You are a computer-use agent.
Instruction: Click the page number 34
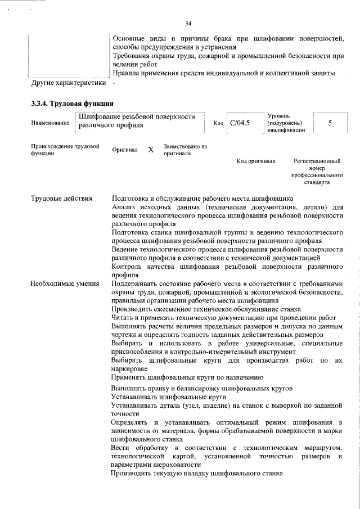tap(188, 23)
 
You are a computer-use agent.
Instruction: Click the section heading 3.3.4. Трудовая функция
tap(72, 103)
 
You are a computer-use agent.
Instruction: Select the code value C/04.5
tap(240, 123)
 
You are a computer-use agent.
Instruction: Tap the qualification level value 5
tap(330, 123)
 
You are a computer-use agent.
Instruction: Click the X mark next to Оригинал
tap(150, 150)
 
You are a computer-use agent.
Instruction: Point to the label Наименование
tap(50, 123)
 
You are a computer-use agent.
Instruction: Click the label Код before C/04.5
tap(218, 123)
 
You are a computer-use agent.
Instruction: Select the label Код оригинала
tap(256, 161)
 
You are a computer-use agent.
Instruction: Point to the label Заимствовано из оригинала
tap(185, 150)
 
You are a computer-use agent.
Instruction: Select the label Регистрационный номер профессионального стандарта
tap(318, 172)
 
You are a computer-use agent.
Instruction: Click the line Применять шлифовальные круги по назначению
tap(187, 377)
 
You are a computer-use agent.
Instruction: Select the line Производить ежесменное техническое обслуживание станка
tap(205, 309)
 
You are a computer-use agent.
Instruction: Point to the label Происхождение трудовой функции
tap(65, 150)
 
